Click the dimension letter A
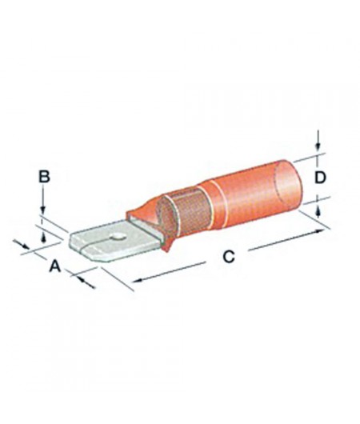point(55,267)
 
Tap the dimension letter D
point(319,178)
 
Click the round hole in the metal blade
point(117,237)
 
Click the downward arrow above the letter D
point(319,147)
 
